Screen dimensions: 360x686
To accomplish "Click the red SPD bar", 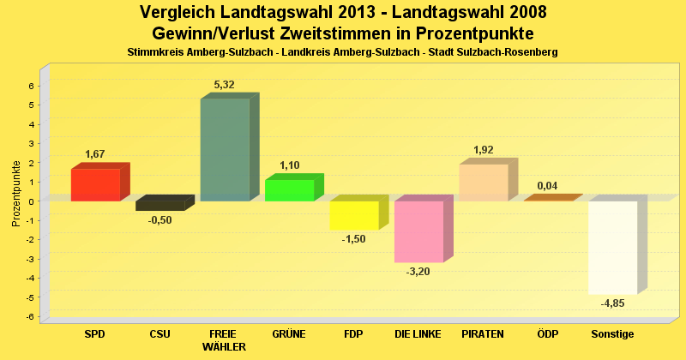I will pos(95,184).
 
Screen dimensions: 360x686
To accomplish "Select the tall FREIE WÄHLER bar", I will pos(225,150).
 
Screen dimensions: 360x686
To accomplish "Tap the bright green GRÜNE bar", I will pos(289,190).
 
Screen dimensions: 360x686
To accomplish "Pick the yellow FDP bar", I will pos(354,215).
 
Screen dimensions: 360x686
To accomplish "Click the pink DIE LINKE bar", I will pos(418,231).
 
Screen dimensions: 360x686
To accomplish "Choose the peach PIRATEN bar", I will pos(484,183).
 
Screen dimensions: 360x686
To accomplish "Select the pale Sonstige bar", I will pos(612,248).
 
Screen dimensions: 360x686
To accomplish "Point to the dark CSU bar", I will pos(160,206).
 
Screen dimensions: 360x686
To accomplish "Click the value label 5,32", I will pos(224,85).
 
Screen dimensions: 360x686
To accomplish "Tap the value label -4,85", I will pos(612,304).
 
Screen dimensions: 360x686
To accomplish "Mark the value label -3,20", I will pos(418,272).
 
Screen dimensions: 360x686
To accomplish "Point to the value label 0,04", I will pos(547,185).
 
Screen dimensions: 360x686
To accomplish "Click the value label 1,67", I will pos(95,154).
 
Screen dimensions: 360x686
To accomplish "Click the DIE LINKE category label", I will pos(418,333).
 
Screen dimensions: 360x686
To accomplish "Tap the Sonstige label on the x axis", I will pos(612,333).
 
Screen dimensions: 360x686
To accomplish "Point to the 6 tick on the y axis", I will pos(31,86).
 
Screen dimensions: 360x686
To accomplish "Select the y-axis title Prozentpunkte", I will pos(16,194).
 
